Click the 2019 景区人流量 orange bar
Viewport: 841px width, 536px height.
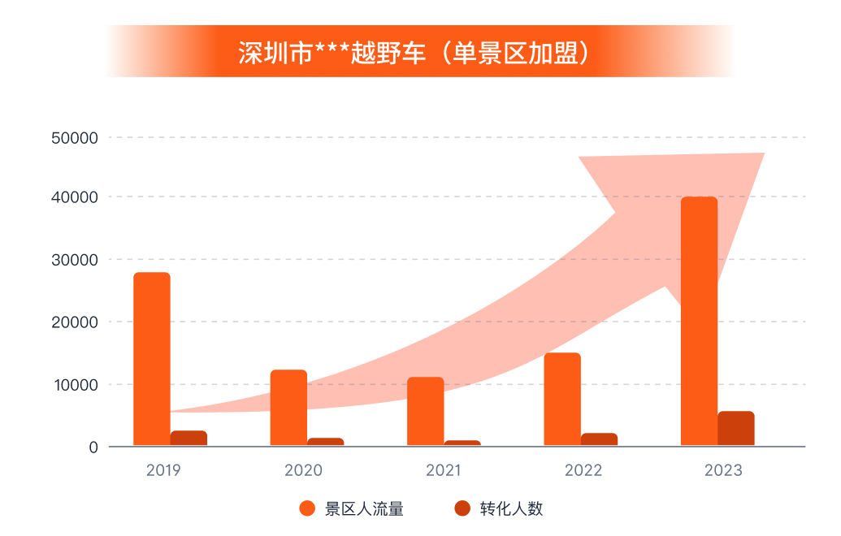coord(152,359)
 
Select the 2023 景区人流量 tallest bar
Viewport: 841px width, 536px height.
coord(699,321)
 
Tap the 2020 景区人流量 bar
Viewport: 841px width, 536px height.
coord(288,408)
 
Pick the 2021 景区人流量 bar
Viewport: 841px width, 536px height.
coord(425,411)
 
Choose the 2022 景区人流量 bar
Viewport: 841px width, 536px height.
coord(562,399)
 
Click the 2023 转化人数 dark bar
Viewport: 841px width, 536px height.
coord(735,429)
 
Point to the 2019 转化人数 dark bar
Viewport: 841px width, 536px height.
coord(189,439)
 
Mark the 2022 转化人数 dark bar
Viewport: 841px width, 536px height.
coord(599,439)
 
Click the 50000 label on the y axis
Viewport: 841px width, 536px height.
coord(75,138)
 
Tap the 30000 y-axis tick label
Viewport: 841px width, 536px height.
coord(75,260)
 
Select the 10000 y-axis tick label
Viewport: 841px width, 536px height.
coord(75,385)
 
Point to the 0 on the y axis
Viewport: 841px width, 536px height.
coord(93,447)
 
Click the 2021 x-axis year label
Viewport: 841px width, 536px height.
coord(443,470)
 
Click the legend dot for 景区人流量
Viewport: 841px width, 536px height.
coord(307,509)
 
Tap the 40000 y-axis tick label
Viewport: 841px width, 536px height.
coord(75,197)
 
